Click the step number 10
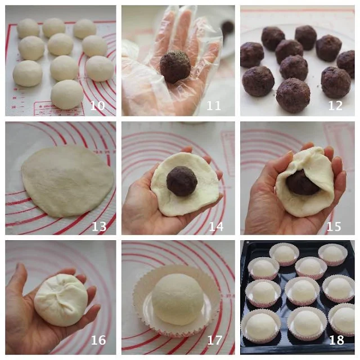coord(97,105)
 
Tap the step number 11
coord(214,105)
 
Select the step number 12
coord(335,105)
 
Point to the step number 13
coord(99,226)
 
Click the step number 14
coord(216,226)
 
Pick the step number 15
coord(334,226)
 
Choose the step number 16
coord(98,340)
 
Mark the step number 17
coord(215,340)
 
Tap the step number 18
coord(336,340)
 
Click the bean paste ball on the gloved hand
coord(175,66)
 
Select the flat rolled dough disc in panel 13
coord(67,181)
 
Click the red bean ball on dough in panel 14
coord(182,181)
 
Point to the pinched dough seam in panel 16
coord(61,290)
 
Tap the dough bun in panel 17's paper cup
coord(177,299)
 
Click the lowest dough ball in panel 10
coord(67,94)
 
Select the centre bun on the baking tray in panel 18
coord(302,291)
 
